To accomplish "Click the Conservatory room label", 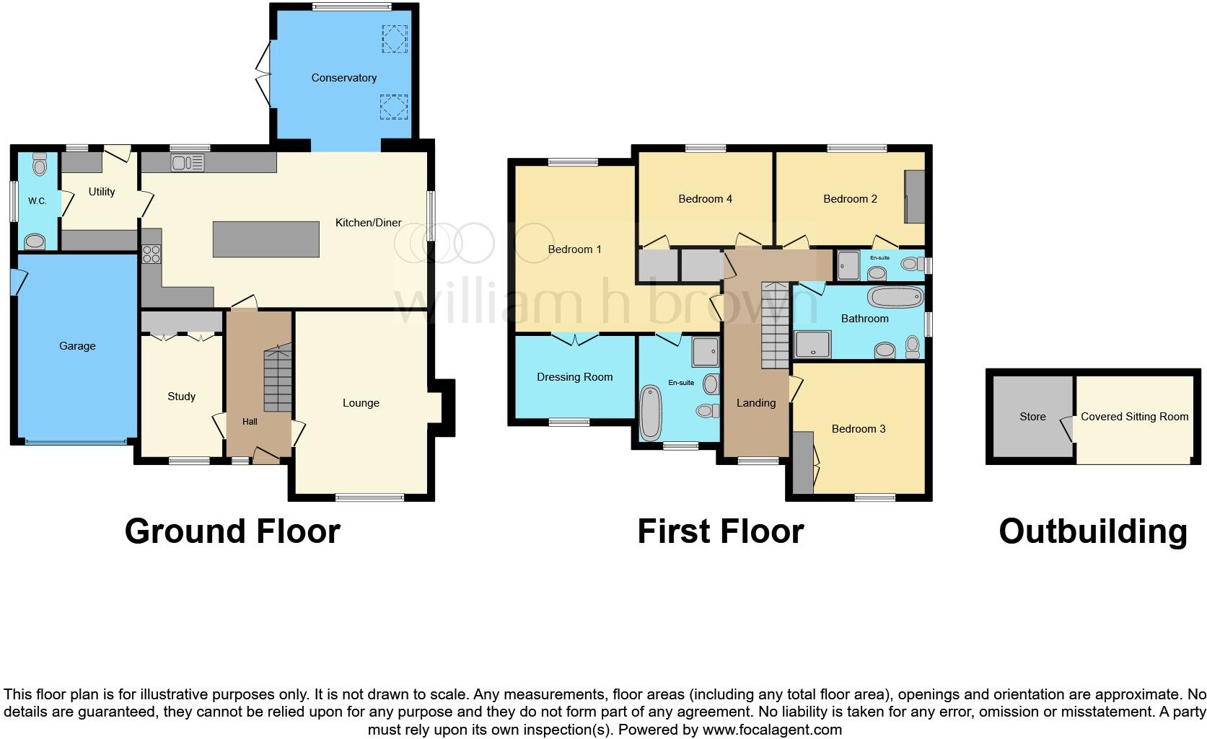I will pyautogui.click(x=343, y=78).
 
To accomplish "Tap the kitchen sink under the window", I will pyautogui.click(x=187, y=163).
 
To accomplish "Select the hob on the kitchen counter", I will pyautogui.click(x=152, y=254).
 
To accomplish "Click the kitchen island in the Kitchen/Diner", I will pyautogui.click(x=265, y=239).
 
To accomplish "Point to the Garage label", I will pyautogui.click(x=77, y=346).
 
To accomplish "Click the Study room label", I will pyautogui.click(x=181, y=397).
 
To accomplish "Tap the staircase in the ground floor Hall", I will pyautogui.click(x=278, y=379).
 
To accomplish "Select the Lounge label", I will pyautogui.click(x=361, y=403).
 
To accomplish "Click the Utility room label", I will pyautogui.click(x=102, y=192).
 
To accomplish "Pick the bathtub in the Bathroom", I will pyautogui.click(x=895, y=297).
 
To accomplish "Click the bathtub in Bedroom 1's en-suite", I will pyautogui.click(x=650, y=413).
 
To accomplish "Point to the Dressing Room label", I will pyautogui.click(x=574, y=377).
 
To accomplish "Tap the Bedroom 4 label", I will pyautogui.click(x=705, y=199).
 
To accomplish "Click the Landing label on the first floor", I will pyautogui.click(x=755, y=403).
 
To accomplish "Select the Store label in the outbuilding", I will pyautogui.click(x=1032, y=417).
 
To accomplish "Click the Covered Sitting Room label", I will pyautogui.click(x=1134, y=417).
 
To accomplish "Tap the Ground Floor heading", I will pyautogui.click(x=232, y=531).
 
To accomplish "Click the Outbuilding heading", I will pyautogui.click(x=1092, y=531).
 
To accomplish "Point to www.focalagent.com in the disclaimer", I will pyautogui.click(x=772, y=730).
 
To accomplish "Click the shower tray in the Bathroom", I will pyautogui.click(x=812, y=345).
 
